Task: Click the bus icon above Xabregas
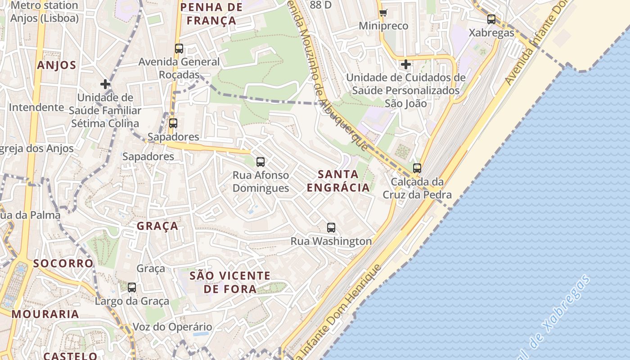coord(491,19)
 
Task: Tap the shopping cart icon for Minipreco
coord(383,13)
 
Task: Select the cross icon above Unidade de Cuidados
coord(405,64)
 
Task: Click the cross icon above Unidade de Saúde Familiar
coord(105,84)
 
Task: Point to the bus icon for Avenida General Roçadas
coord(179,49)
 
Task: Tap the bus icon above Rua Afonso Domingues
coord(260,162)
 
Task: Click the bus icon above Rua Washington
coord(331,228)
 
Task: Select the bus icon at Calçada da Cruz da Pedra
coord(417,168)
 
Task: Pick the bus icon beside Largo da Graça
coord(132,287)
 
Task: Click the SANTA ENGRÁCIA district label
coord(338,181)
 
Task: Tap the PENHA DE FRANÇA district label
coord(211,14)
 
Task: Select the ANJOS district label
coord(57,65)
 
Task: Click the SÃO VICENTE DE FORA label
coord(230,282)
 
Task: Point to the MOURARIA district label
coord(45,314)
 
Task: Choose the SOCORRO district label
coord(63,263)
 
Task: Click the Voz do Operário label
coord(172,327)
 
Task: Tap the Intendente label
coord(36,108)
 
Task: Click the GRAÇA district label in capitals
coord(157,226)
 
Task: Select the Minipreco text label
coord(383,26)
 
